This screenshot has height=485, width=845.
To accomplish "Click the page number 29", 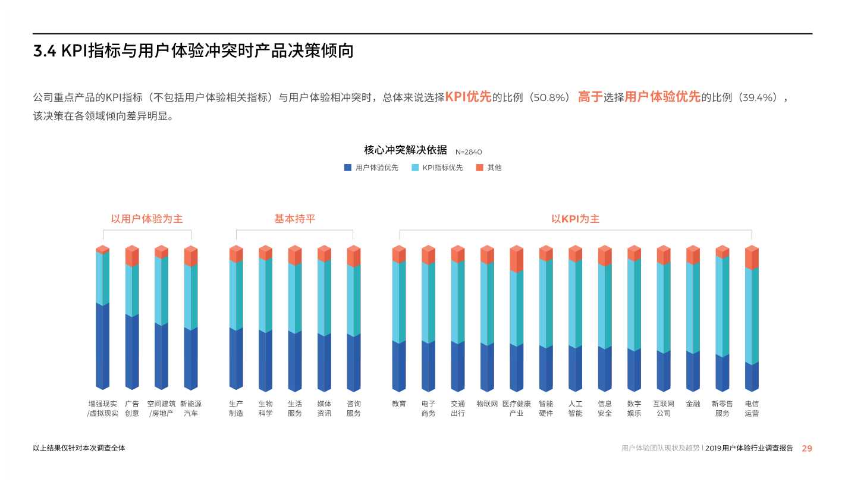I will [806, 448].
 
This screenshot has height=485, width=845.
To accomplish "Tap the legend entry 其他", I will [494, 168].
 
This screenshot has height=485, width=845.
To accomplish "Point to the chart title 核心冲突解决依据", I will [405, 150].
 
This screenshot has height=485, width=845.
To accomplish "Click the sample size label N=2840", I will [469, 152].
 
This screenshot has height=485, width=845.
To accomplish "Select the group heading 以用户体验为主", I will [147, 219].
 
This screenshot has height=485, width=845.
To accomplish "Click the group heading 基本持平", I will [294, 219].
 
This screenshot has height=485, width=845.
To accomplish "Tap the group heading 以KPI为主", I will [575, 219].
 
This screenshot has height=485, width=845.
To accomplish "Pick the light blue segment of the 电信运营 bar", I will [752, 315].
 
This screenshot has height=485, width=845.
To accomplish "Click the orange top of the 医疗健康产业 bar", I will [516, 259].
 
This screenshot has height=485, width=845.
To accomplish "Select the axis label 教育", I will [398, 404].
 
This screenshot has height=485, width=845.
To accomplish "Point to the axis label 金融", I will [693, 404].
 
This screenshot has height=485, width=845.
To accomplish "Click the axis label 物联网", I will [487, 404].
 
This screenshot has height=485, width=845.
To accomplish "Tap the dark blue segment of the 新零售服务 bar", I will [722, 373].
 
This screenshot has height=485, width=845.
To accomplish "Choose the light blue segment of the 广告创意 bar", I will [132, 290].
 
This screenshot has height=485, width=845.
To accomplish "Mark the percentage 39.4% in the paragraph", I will [757, 97].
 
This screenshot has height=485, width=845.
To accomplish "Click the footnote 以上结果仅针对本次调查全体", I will [79, 448].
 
